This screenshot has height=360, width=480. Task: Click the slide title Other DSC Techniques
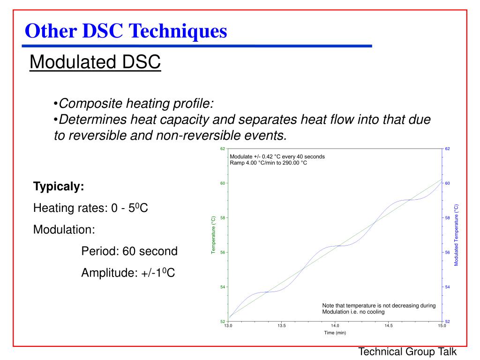pyautogui.click(x=126, y=31)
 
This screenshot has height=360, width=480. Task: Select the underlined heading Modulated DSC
pyautogui.click(x=95, y=62)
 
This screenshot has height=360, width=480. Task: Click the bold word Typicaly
pyautogui.click(x=59, y=187)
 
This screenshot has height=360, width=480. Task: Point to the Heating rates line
pyautogui.click(x=90, y=208)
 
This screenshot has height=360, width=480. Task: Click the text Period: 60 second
pyautogui.click(x=129, y=251)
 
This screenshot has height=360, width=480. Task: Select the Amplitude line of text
pyautogui.click(x=128, y=273)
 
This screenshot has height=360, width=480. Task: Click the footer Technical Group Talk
pyautogui.click(x=407, y=352)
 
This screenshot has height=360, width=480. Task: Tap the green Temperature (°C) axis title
pyautogui.click(x=213, y=235)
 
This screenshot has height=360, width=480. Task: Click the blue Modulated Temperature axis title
pyautogui.click(x=456, y=235)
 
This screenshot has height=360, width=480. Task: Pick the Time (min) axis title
pyautogui.click(x=335, y=333)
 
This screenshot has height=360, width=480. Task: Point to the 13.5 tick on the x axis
pyautogui.click(x=281, y=325)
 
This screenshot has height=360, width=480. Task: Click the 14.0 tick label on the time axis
pyautogui.click(x=335, y=325)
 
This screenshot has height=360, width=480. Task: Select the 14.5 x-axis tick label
pyautogui.click(x=389, y=325)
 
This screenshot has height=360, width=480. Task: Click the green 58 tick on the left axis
pyautogui.click(x=223, y=218)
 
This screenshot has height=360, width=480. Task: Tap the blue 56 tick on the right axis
pyautogui.click(x=448, y=252)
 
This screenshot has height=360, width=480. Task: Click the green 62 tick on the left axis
pyautogui.click(x=223, y=149)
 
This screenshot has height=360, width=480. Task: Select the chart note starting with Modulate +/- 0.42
pyautogui.click(x=277, y=157)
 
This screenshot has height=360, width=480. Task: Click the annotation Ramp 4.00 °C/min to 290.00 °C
pyautogui.click(x=268, y=163)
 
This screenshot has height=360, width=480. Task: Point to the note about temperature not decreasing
pyautogui.click(x=379, y=308)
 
